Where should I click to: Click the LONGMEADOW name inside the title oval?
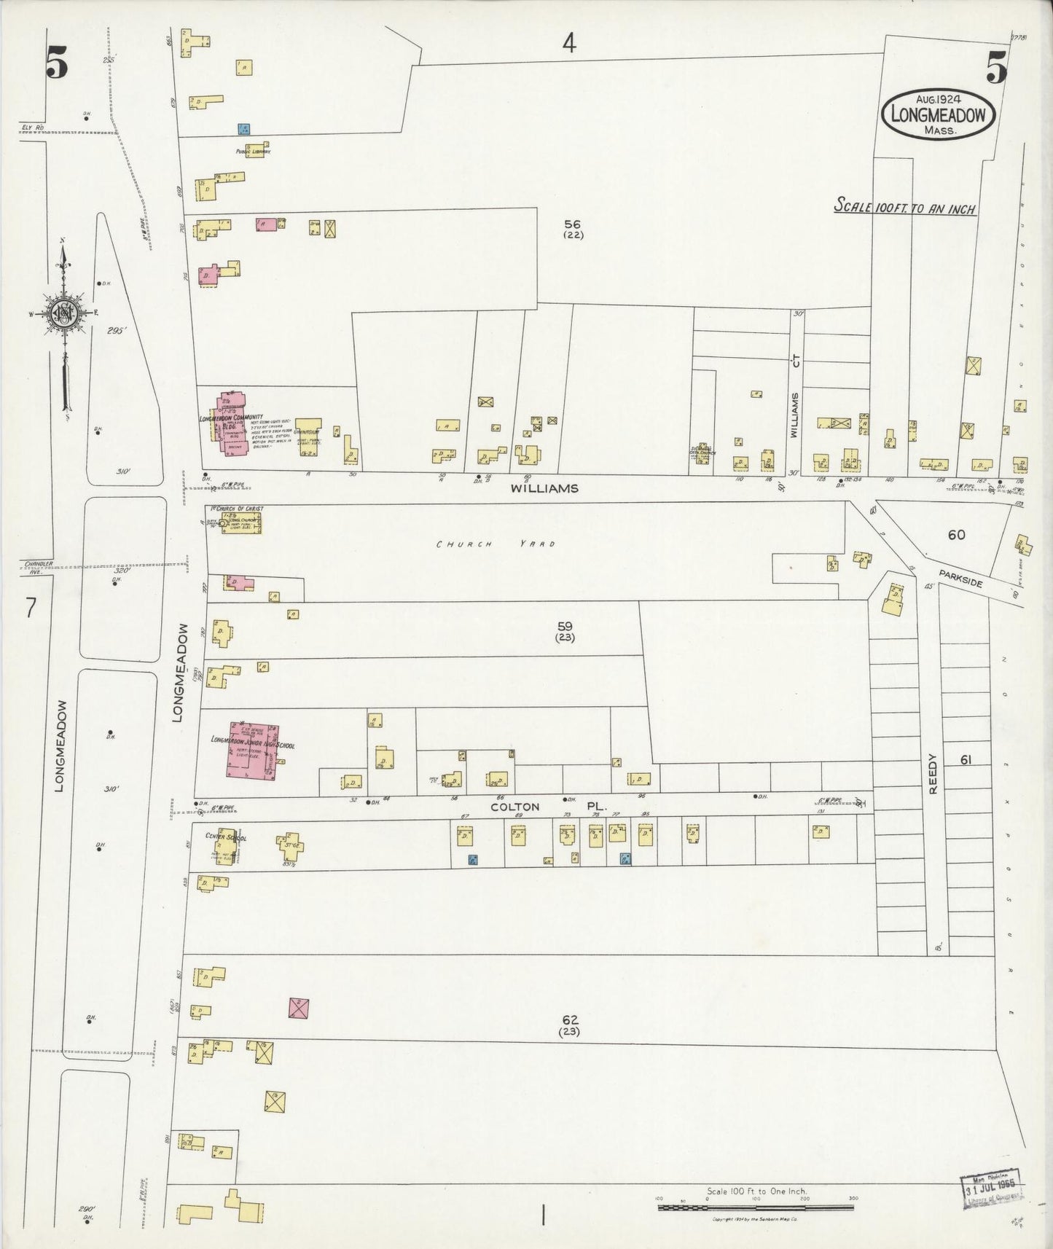tap(938, 114)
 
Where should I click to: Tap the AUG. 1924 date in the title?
tap(937, 98)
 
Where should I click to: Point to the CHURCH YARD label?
tap(496, 544)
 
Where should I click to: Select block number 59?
tap(565, 626)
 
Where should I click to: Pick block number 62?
tap(569, 1021)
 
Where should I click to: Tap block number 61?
tap(966, 760)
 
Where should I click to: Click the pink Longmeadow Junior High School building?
tap(252, 750)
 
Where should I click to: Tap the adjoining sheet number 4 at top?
tap(569, 44)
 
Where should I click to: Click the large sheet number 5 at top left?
tap(56, 64)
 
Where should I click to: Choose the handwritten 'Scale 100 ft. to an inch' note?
tap(904, 207)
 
